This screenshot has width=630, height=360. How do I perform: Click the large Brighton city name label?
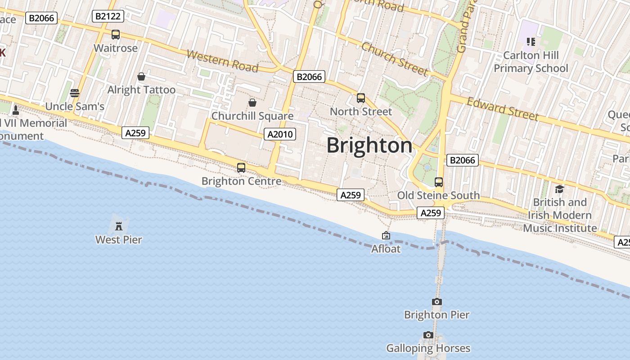369,145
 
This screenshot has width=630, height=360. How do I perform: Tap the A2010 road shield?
279,134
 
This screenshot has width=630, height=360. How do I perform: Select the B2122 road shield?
108,17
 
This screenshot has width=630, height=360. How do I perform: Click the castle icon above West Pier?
119,226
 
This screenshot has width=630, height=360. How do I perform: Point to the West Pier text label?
119,240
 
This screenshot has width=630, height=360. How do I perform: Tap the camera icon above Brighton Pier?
436,301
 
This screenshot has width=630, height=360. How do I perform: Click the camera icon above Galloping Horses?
428,335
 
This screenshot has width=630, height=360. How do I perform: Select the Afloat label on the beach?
386,248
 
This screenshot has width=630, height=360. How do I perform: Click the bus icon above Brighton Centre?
241,168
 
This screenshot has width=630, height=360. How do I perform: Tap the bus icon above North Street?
360,98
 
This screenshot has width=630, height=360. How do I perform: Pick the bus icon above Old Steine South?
438,182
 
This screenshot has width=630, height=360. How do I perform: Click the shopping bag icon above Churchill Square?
252,103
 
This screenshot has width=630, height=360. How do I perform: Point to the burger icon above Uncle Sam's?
75,93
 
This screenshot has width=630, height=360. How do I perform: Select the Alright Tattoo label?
141,90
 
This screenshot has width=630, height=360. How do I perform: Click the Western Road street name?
222,61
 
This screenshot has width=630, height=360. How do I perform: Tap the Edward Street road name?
503,109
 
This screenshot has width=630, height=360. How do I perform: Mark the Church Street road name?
395,59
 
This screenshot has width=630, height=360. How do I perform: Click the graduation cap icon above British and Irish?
559,189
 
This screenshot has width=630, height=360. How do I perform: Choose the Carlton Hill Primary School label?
531,62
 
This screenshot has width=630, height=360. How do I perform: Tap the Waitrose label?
116,48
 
